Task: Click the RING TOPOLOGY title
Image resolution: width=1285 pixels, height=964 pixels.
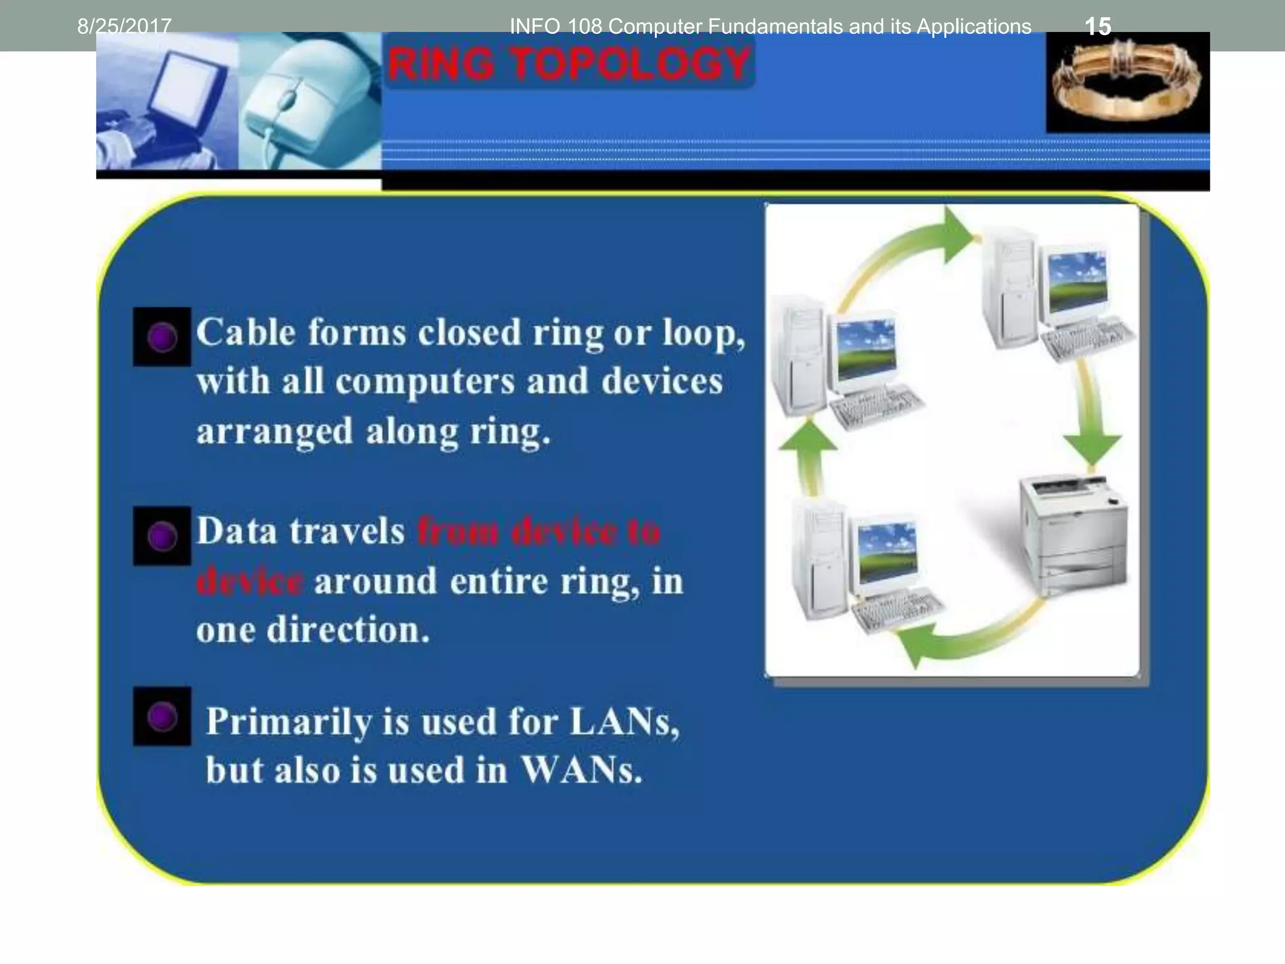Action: click(570, 63)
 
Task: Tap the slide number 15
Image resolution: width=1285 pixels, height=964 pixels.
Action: click(1097, 26)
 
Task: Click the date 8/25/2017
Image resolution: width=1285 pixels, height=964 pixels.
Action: click(124, 26)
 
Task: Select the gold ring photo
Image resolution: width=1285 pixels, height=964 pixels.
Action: click(1127, 82)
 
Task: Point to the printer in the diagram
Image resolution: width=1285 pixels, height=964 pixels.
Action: click(1073, 533)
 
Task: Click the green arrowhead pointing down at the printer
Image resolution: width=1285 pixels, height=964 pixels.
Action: click(1092, 447)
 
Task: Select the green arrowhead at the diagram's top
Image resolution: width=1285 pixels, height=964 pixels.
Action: click(957, 235)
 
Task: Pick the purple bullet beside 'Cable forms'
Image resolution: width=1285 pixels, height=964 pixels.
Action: click(162, 337)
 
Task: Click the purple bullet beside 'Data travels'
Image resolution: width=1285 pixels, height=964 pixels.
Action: click(162, 537)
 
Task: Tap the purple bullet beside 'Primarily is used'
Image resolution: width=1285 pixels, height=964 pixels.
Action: click(162, 716)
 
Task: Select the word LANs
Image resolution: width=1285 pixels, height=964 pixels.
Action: click(624, 721)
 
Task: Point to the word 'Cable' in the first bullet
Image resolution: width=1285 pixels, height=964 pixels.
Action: click(245, 332)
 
